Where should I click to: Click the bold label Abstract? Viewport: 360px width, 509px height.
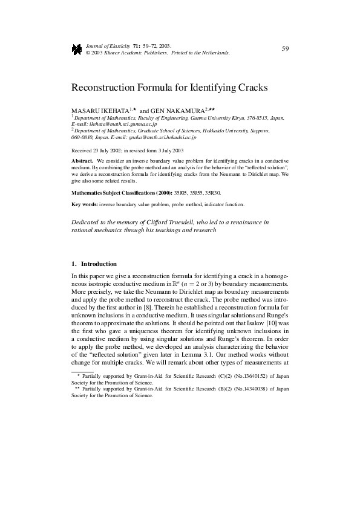click(x=82, y=161)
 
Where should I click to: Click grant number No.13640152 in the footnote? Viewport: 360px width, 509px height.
click(x=246, y=375)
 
